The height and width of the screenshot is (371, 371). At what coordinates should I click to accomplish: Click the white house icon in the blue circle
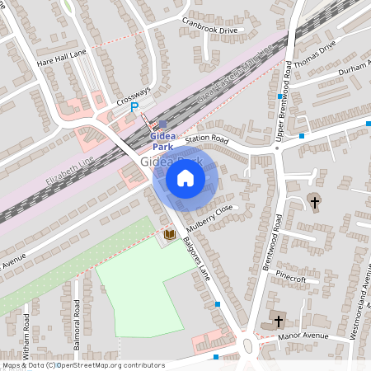(185, 177)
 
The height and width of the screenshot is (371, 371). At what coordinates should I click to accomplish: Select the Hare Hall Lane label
(62, 57)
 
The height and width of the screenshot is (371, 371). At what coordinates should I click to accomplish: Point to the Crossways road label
(133, 95)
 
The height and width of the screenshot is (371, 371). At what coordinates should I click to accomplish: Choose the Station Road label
(206, 139)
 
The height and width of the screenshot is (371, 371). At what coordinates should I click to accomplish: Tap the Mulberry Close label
(211, 215)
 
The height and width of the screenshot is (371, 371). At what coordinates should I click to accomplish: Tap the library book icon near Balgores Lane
(169, 236)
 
